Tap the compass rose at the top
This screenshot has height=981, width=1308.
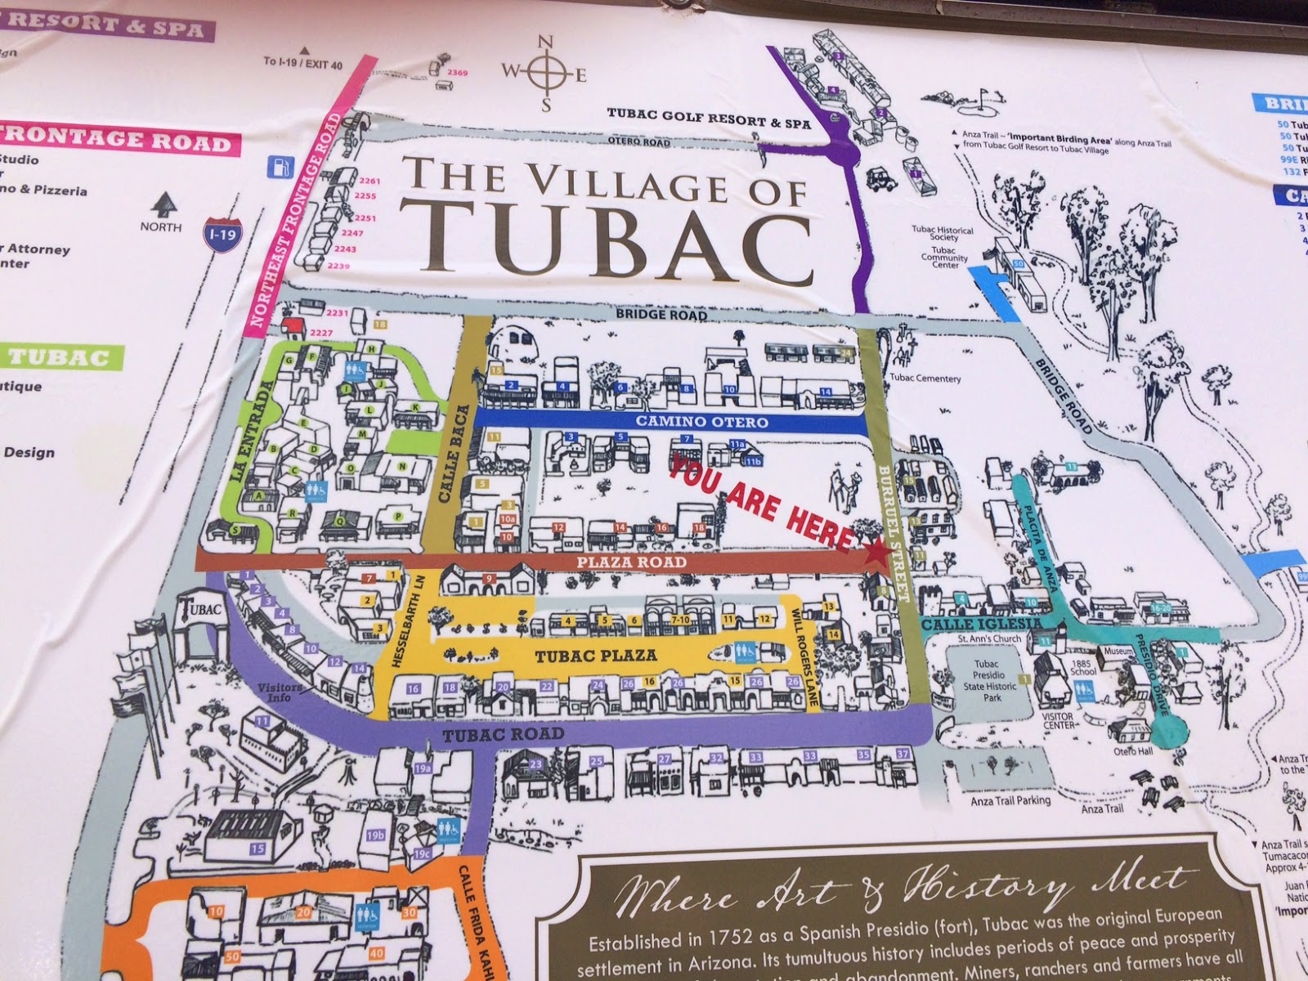pos(545,73)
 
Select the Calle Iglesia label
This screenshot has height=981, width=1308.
pos(970,625)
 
